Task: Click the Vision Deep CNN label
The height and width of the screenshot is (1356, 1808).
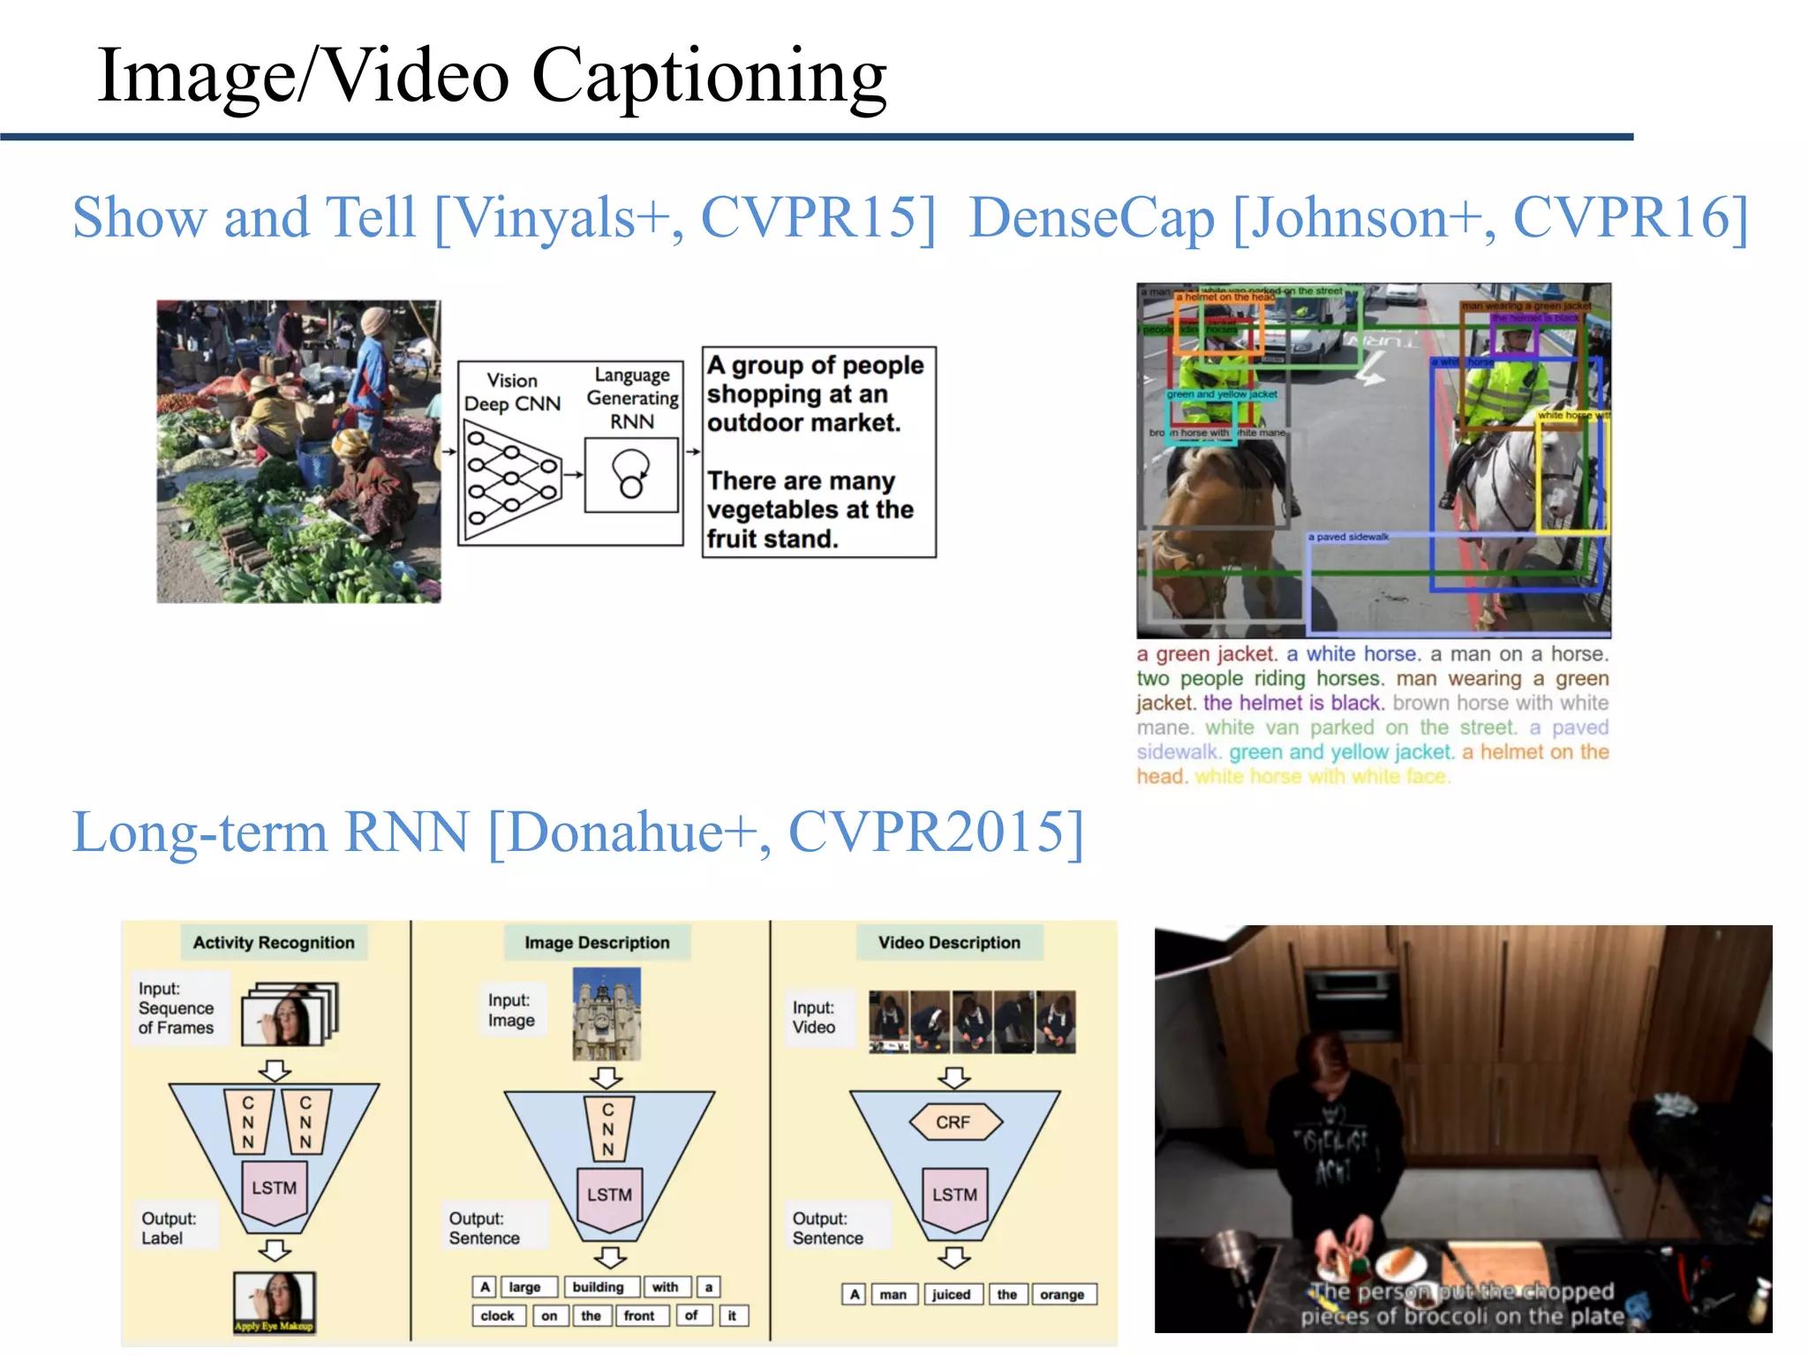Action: coord(512,392)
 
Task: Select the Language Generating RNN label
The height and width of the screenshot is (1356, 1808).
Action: coord(632,398)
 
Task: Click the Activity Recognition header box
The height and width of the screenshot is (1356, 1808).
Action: coord(274,943)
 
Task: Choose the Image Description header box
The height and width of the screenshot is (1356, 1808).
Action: coord(597,943)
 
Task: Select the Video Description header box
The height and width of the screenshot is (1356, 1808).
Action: coord(949,943)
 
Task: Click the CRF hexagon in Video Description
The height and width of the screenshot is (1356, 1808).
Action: coord(953,1122)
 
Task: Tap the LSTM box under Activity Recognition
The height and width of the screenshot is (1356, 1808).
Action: coord(274,1188)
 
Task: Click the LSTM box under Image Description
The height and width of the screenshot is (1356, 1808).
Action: coord(609,1195)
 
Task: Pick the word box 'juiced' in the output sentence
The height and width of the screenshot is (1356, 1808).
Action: coord(951,1294)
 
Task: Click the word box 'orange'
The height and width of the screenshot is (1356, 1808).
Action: coord(1062,1294)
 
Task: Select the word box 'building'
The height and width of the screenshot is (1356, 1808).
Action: coord(598,1287)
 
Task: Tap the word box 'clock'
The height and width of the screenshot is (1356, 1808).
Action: coord(497,1315)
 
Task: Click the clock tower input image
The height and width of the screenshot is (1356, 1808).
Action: coord(606,1013)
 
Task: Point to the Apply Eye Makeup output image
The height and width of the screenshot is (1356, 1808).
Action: coord(274,1301)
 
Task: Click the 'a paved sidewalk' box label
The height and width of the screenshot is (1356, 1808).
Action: coord(1348,537)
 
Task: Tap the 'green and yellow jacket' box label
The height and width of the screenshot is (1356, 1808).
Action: coord(1222,395)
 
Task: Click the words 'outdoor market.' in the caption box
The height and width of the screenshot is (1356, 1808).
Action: coord(803,423)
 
